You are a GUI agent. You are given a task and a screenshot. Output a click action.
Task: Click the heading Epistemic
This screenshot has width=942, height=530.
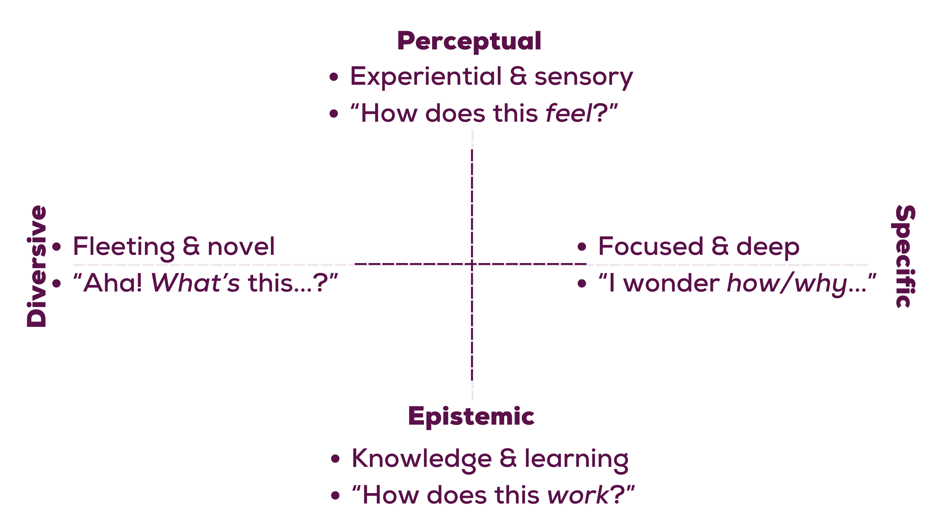click(x=471, y=416)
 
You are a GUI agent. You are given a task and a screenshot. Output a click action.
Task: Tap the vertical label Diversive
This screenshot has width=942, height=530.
click(x=37, y=266)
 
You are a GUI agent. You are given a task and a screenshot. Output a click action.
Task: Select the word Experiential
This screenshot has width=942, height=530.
click(x=425, y=77)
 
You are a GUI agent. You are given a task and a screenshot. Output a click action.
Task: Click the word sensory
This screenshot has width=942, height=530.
click(x=584, y=78)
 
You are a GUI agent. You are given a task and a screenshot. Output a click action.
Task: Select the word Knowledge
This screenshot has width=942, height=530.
click(x=421, y=459)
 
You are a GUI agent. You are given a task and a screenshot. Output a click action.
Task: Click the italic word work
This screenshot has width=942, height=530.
click(x=577, y=495)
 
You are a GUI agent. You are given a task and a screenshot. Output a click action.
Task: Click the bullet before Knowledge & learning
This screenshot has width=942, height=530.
click(x=335, y=459)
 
